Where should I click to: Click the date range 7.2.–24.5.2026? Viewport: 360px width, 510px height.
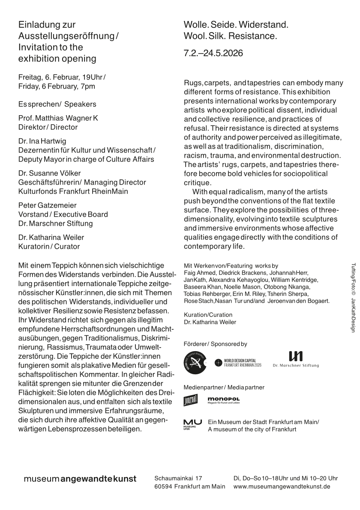213,54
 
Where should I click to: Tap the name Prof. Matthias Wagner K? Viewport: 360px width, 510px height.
58,118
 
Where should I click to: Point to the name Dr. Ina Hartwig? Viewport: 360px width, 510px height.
42,141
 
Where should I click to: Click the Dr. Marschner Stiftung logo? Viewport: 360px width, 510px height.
295,359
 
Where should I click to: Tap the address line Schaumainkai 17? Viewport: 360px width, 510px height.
178,478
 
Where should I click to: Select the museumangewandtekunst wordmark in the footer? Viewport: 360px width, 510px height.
80,479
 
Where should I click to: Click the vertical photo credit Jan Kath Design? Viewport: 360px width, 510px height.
354,308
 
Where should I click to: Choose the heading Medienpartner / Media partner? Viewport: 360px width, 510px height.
224,387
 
